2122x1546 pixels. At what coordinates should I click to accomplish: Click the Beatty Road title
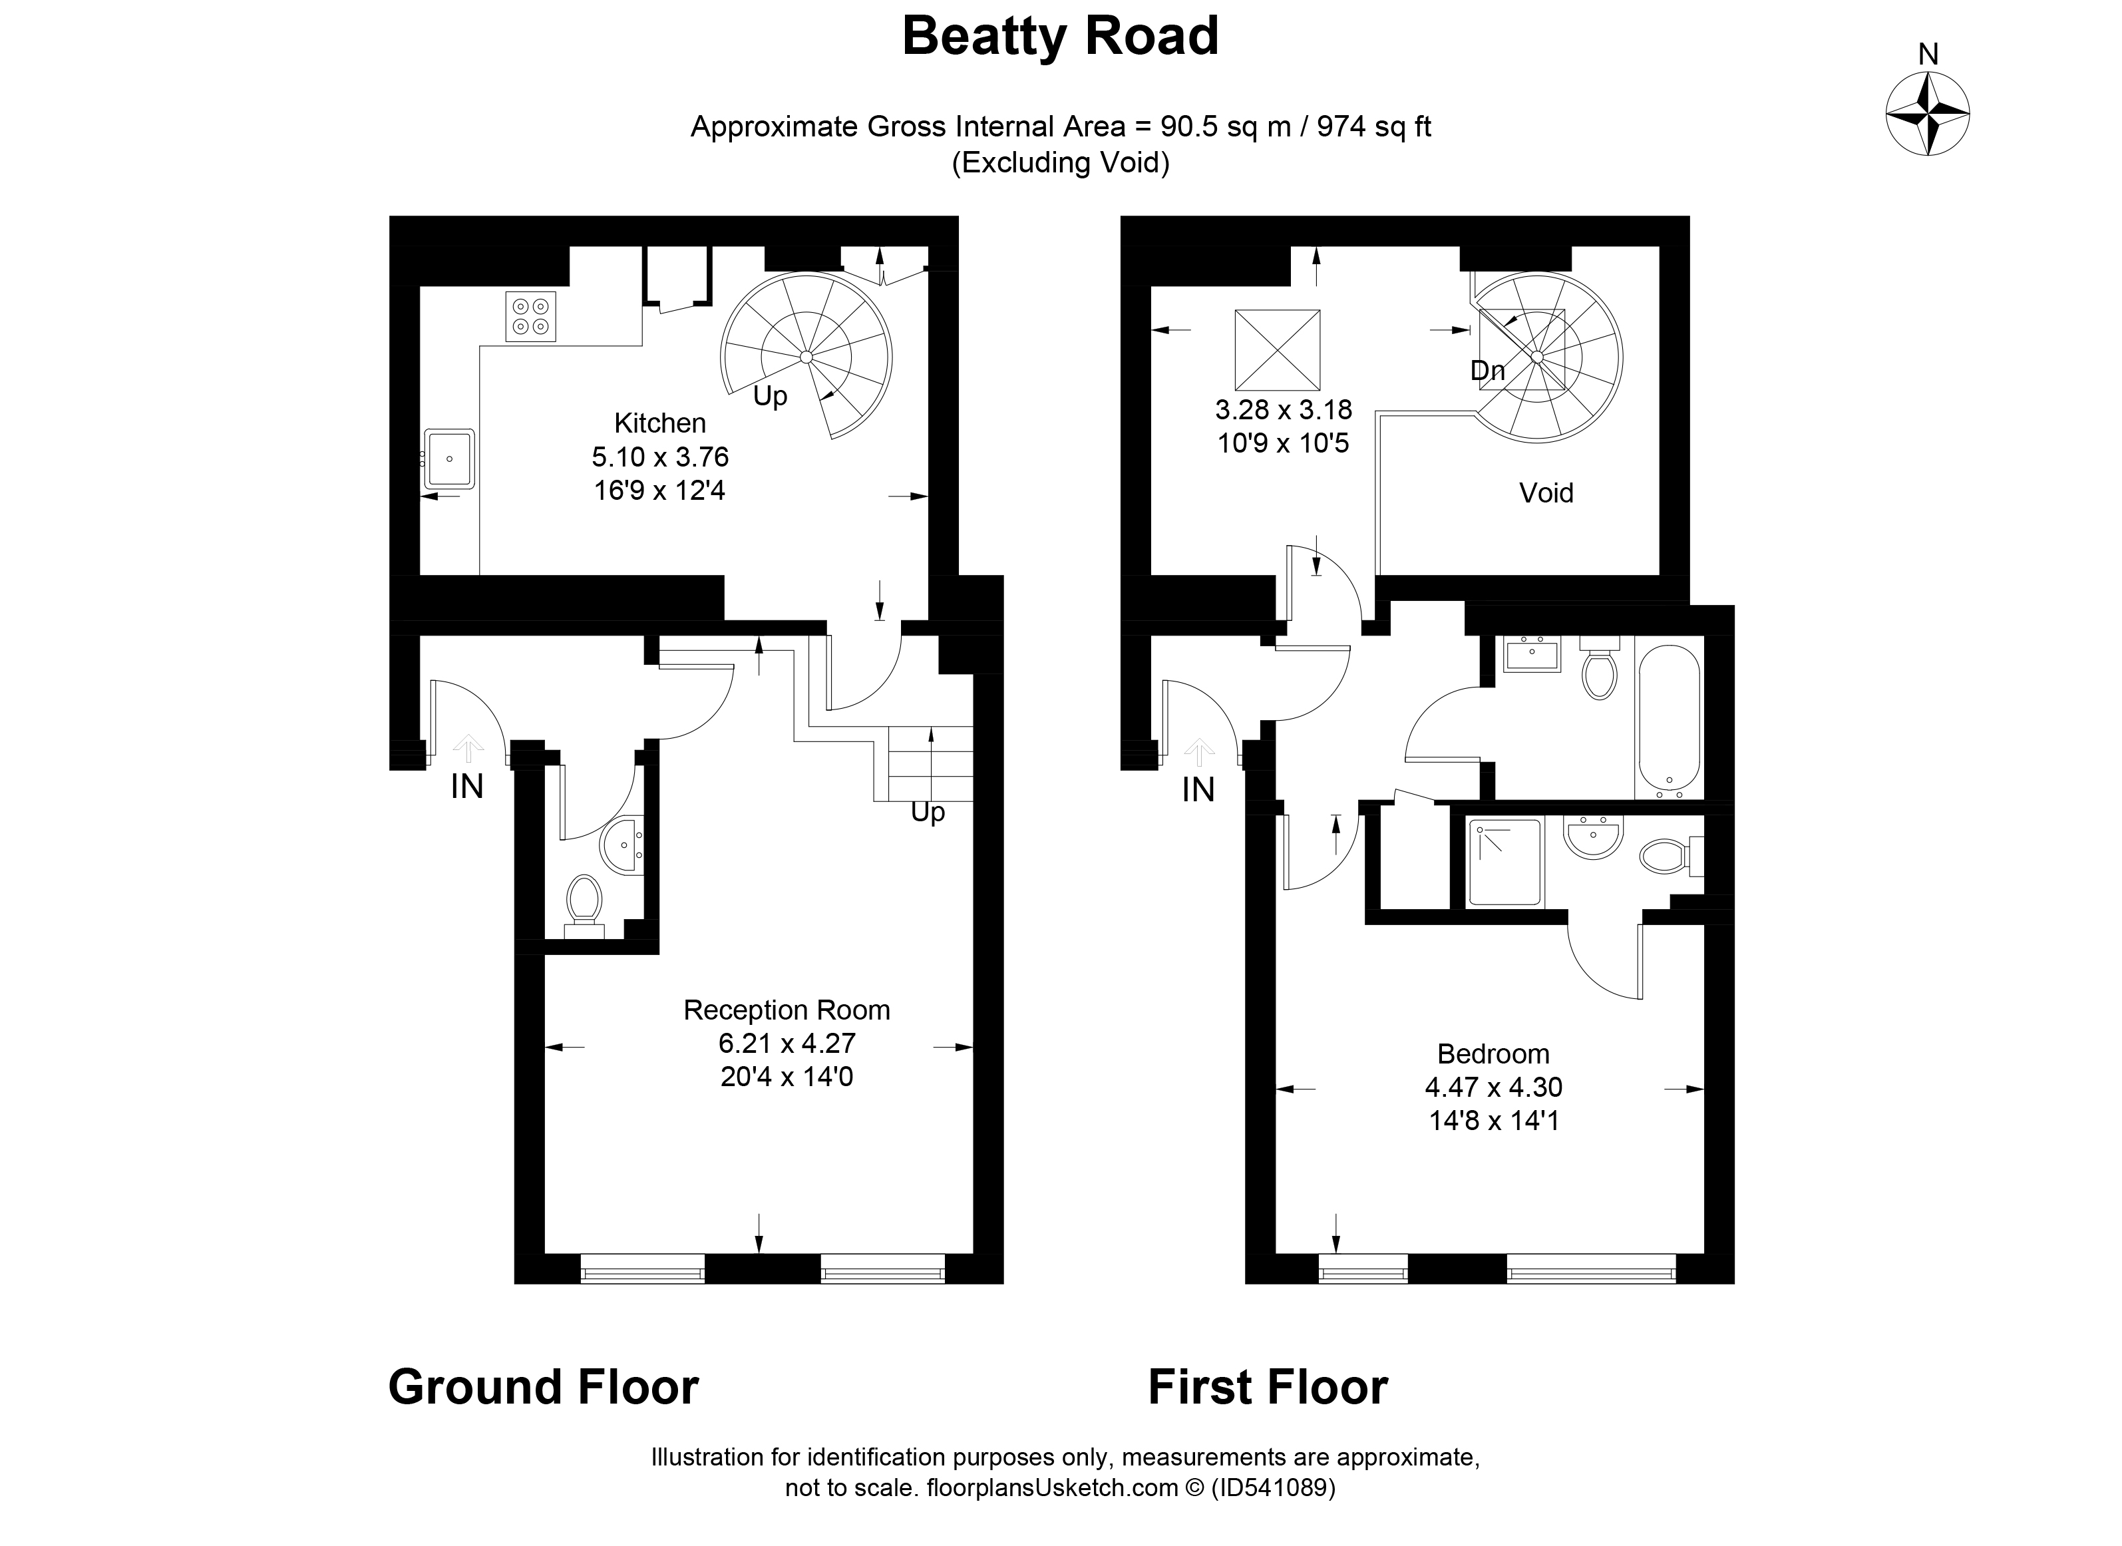pyautogui.click(x=1060, y=37)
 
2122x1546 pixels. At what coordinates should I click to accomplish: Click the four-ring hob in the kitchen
pyautogui.click(x=530, y=316)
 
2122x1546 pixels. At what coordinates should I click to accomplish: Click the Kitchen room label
pyautogui.click(x=659, y=423)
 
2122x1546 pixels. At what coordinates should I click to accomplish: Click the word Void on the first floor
pyautogui.click(x=1546, y=493)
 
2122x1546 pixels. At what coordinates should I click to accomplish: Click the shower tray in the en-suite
pyautogui.click(x=1504, y=863)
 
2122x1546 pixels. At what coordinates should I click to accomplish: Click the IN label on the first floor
pyautogui.click(x=1198, y=791)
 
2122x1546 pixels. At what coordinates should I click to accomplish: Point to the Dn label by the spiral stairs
pyautogui.click(x=1488, y=371)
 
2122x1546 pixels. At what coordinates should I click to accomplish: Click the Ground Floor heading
pyautogui.click(x=544, y=1387)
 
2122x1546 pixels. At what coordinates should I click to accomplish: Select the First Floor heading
pyautogui.click(x=1268, y=1387)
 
